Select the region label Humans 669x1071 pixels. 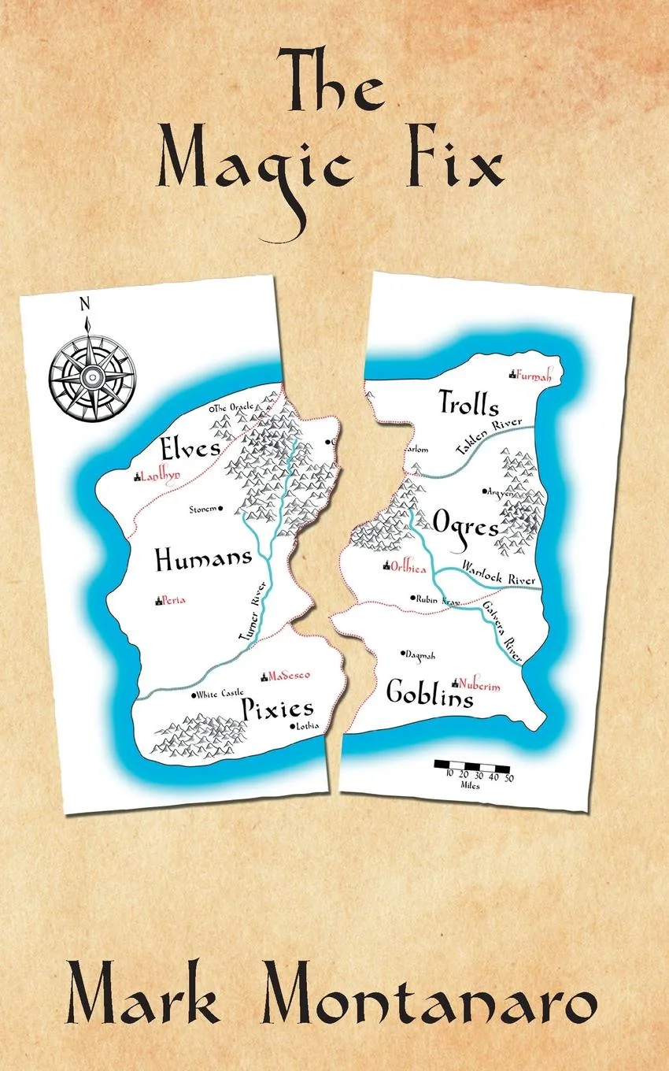pyautogui.click(x=203, y=560)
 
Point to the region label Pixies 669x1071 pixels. pyautogui.click(x=276, y=707)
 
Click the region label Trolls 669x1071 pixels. pyautogui.click(x=469, y=405)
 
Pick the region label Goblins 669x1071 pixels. pyautogui.click(x=430, y=694)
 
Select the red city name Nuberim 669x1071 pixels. pyautogui.click(x=479, y=686)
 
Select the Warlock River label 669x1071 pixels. pyautogui.click(x=498, y=573)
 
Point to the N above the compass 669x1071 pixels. pyautogui.click(x=85, y=304)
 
